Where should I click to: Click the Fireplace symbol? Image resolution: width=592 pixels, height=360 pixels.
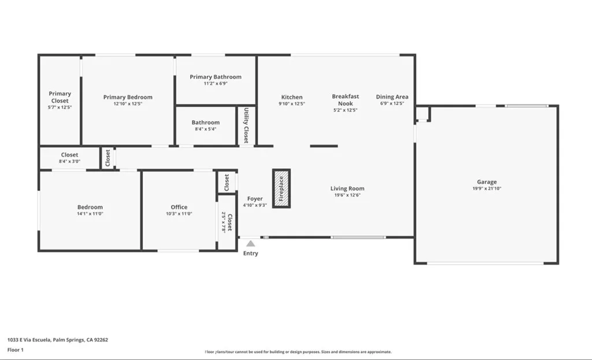282,188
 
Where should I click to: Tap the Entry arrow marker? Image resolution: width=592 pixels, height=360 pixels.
250,244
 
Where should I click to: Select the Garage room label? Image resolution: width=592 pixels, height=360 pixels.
486,182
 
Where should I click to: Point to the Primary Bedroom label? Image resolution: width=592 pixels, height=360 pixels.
128,97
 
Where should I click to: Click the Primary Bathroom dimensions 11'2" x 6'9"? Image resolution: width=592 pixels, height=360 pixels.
215,84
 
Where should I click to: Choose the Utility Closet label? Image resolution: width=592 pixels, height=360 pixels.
247,125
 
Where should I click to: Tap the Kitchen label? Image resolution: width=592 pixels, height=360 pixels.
291,97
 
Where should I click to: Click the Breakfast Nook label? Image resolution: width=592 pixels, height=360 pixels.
345,100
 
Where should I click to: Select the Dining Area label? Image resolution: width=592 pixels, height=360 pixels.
392,97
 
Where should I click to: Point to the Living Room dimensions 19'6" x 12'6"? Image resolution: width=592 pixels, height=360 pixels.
347,195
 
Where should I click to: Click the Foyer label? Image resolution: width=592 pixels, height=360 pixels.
255,199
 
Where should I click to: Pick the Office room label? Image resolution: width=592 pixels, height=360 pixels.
179,207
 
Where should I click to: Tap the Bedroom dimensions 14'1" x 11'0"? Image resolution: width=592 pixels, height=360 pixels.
90,214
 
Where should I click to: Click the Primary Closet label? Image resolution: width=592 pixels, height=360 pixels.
60,97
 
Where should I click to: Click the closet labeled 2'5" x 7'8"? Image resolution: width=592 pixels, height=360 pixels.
227,222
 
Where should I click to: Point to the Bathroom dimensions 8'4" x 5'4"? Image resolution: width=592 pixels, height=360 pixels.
205,129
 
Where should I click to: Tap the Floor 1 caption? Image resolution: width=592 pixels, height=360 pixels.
16,350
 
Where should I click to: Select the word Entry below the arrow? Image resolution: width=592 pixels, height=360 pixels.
251,254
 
